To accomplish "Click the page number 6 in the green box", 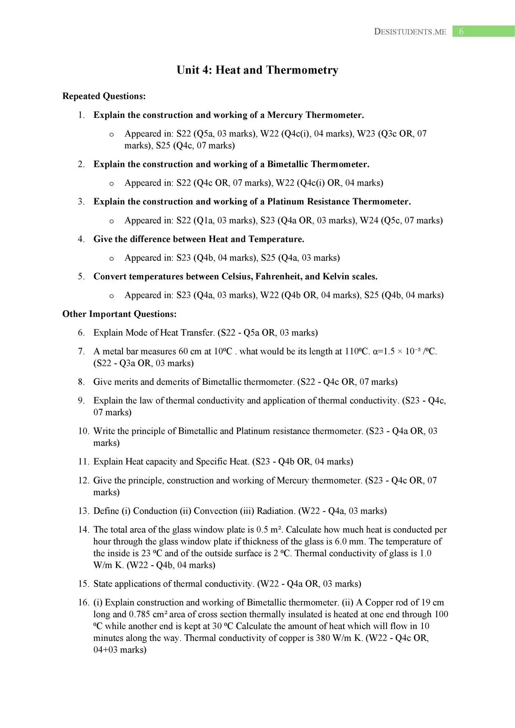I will point(461,31).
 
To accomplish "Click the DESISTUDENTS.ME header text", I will point(410,32).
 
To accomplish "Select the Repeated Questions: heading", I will point(104,96).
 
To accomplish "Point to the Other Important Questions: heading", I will point(119,314).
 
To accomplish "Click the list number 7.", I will point(81,351).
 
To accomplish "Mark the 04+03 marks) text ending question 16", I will point(120,650).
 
